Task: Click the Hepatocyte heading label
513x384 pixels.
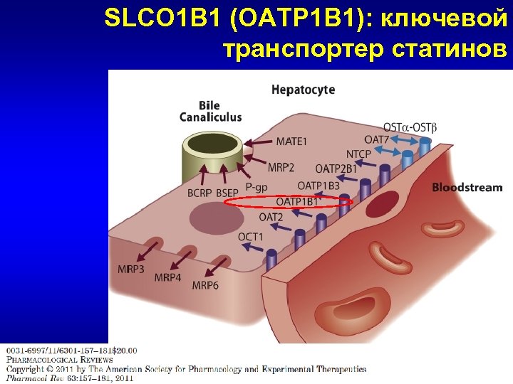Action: pyautogui.click(x=303, y=90)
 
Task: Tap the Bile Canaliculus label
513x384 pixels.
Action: pyautogui.click(x=210, y=112)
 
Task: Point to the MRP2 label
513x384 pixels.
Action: pyautogui.click(x=281, y=168)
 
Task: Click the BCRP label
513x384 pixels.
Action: pyautogui.click(x=199, y=193)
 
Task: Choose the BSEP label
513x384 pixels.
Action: pyautogui.click(x=227, y=193)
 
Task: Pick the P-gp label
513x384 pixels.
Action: pyautogui.click(x=256, y=187)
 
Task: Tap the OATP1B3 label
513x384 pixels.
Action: pyautogui.click(x=318, y=186)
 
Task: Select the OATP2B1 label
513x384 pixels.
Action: pyautogui.click(x=336, y=169)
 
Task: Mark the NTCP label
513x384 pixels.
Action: pyautogui.click(x=358, y=154)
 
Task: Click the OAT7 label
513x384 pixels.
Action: pyautogui.click(x=376, y=139)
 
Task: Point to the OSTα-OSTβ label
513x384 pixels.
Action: pyautogui.click(x=410, y=127)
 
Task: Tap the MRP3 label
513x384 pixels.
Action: pyautogui.click(x=131, y=269)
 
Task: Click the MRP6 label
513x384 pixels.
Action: pyautogui.click(x=205, y=285)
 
